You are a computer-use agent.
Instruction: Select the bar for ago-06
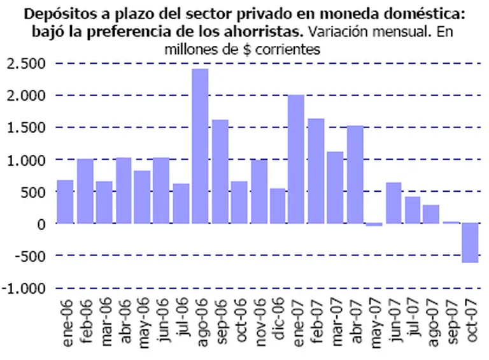click(200, 146)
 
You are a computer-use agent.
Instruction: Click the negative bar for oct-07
click(470, 243)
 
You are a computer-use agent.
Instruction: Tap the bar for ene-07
click(296, 159)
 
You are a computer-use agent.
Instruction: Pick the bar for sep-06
click(220, 171)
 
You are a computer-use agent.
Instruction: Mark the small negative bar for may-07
click(374, 225)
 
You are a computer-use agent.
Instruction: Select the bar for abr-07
click(355, 175)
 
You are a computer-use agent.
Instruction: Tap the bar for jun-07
click(393, 203)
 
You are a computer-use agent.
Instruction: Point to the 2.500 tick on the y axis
click(26, 63)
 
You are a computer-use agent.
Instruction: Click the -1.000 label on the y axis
click(23, 288)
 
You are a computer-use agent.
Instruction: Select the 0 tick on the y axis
click(41, 224)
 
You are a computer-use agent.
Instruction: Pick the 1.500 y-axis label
click(26, 127)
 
